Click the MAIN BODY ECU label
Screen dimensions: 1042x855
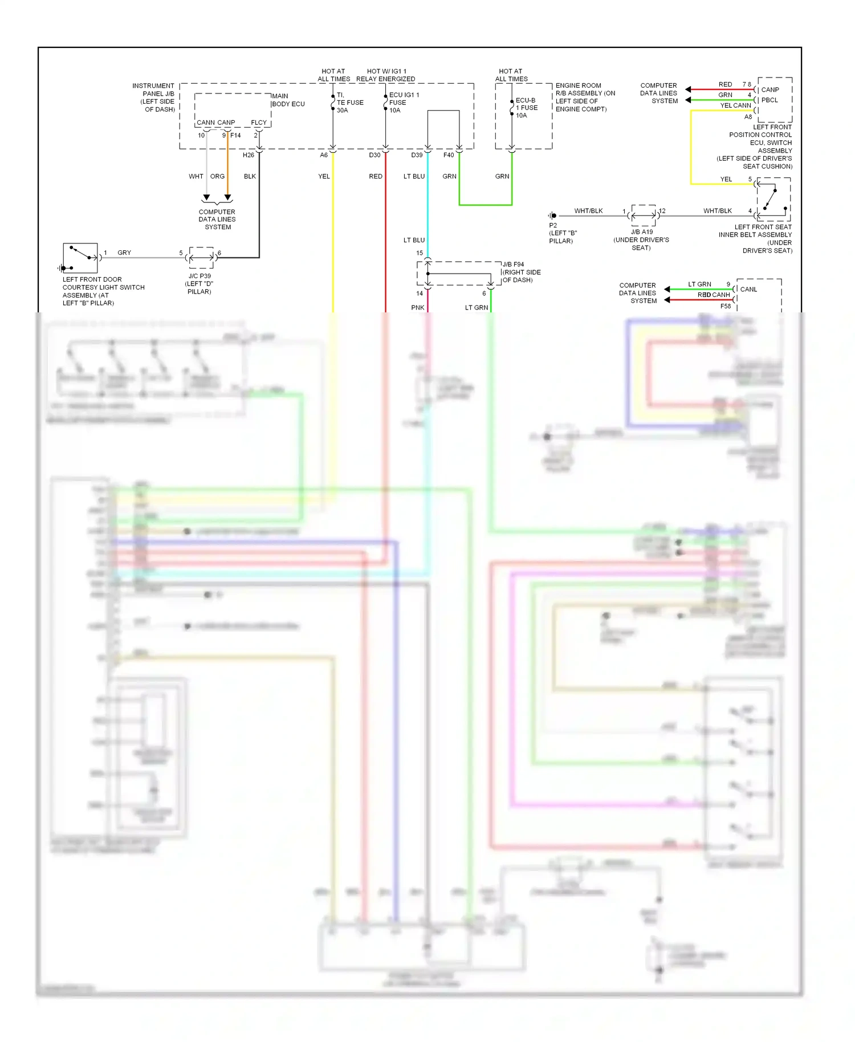pos(288,100)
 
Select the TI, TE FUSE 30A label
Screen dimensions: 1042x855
pos(349,103)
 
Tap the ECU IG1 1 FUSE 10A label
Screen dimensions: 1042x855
pos(404,103)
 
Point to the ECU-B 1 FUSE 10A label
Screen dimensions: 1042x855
pos(526,108)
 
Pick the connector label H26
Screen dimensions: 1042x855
pos(249,155)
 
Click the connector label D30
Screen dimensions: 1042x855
pos(374,155)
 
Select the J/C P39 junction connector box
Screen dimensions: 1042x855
pos(201,258)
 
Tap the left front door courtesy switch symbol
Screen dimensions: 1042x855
pos(80,258)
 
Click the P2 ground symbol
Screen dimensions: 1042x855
pos(552,215)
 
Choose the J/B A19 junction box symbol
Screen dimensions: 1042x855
pos(644,215)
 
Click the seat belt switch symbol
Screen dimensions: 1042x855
pos(773,200)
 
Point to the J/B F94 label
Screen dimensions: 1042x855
pos(514,264)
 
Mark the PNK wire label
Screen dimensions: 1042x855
pos(418,308)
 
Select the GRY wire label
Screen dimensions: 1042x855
pos(124,253)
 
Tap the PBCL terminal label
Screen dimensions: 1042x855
pos(769,100)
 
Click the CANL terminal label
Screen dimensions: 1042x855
pos(748,290)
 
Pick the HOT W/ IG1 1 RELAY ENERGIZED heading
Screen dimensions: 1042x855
pos(386,75)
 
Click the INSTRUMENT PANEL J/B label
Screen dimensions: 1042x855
pos(154,97)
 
